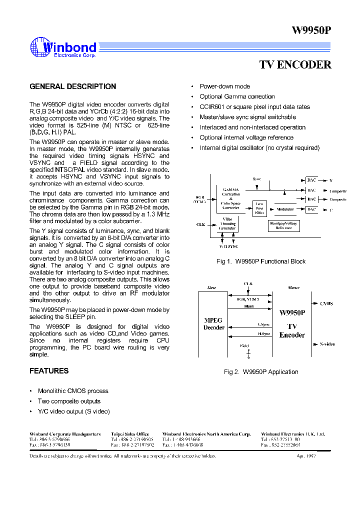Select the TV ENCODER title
(295, 65)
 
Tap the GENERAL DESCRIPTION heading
(72, 86)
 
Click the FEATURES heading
(49, 371)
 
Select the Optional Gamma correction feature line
(237, 96)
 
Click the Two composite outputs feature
(69, 401)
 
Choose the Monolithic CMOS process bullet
(73, 391)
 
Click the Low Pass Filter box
(259, 207)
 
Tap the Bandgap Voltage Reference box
(283, 225)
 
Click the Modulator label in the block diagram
(285, 209)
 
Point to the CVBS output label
(326, 303)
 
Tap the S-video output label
(327, 344)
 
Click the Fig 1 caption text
(260, 261)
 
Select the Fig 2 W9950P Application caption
(260, 372)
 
